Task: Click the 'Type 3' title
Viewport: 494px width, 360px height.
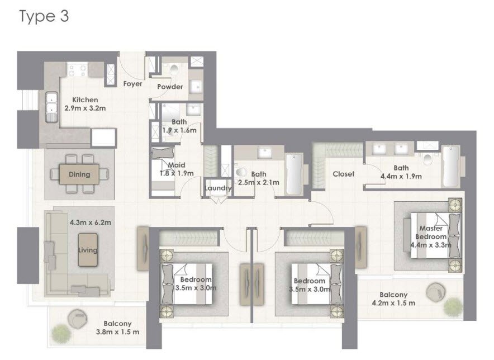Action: (x=44, y=16)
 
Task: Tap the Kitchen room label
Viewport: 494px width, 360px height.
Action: (x=84, y=100)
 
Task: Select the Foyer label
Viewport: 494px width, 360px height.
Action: (x=132, y=84)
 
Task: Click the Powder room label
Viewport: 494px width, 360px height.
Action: (x=170, y=87)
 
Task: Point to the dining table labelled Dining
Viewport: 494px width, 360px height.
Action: (x=79, y=174)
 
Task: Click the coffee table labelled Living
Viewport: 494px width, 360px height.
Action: (x=87, y=249)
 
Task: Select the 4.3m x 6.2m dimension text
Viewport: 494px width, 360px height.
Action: (x=91, y=222)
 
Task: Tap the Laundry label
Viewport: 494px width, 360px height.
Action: (x=218, y=188)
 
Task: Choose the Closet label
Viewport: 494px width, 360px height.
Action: (x=343, y=174)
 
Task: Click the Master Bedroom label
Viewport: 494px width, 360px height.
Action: (x=431, y=232)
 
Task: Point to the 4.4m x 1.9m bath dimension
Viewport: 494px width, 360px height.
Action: (x=401, y=176)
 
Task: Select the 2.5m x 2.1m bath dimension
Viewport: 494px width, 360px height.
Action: (x=258, y=182)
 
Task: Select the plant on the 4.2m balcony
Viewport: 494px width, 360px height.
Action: (x=453, y=305)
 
